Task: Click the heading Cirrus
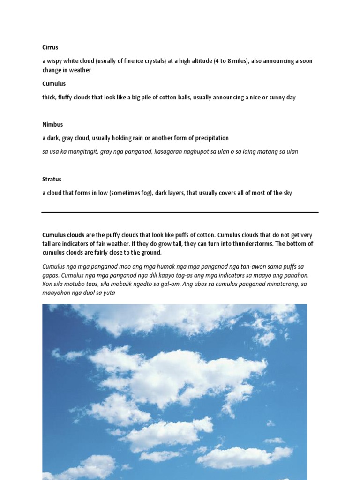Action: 50,47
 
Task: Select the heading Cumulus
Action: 54,83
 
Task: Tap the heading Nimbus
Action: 52,124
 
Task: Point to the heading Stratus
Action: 52,179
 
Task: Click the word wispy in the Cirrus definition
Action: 56,61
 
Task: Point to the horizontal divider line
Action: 180,212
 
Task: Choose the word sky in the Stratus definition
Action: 287,193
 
